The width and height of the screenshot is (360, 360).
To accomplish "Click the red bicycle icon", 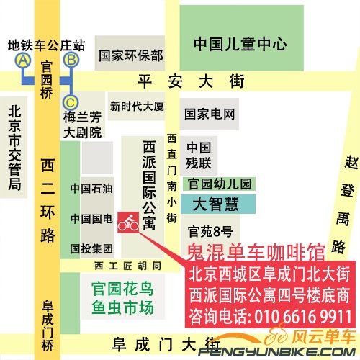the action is [x=128, y=222].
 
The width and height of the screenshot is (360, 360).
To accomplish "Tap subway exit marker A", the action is [x=23, y=60].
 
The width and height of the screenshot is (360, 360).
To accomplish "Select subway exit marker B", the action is [x=71, y=60].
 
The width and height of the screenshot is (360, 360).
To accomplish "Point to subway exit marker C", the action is [x=71, y=101].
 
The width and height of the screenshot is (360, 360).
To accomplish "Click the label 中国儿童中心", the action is [x=240, y=44].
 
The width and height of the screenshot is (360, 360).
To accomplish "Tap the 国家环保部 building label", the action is [x=131, y=55].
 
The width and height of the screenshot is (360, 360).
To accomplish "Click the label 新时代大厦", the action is [x=137, y=106].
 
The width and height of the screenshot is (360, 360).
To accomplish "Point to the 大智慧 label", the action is [x=215, y=204].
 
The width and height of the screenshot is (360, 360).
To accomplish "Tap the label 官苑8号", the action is [x=210, y=231].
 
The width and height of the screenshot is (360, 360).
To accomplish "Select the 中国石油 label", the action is [x=91, y=189].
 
